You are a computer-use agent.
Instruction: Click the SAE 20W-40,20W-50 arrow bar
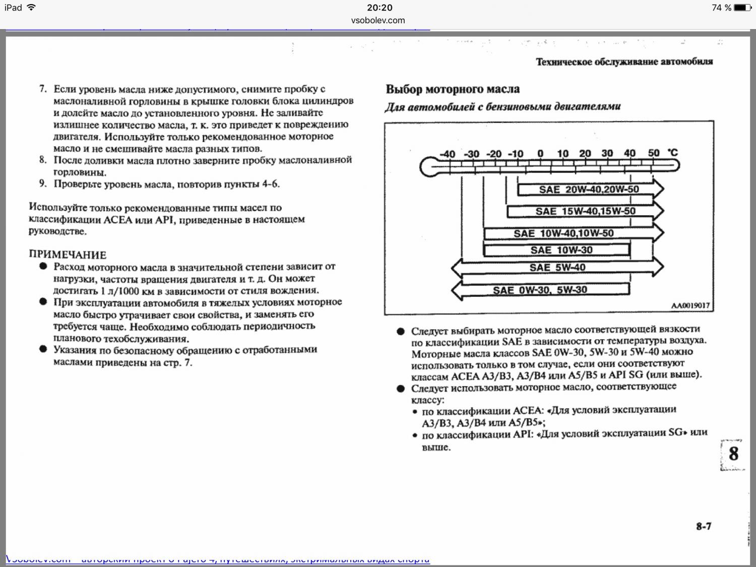589,190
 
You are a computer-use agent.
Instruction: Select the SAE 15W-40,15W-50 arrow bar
585,211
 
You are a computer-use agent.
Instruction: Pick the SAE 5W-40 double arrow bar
557,268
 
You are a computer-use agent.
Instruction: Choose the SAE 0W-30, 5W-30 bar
540,290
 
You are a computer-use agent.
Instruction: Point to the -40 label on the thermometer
447,154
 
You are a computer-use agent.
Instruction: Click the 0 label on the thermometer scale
540,154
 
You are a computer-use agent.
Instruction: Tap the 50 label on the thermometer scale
654,153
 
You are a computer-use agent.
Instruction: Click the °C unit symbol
672,153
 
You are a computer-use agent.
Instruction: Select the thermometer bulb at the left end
429,167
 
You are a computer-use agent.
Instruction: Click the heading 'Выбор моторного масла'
452,89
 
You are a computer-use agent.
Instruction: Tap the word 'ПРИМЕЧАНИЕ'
68,255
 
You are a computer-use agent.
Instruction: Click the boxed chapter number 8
733,454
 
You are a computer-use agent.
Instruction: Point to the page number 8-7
704,526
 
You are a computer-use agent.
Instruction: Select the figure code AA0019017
690,305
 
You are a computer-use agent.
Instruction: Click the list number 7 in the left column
43,89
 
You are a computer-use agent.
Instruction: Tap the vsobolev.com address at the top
378,20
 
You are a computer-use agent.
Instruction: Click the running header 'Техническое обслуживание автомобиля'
624,62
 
